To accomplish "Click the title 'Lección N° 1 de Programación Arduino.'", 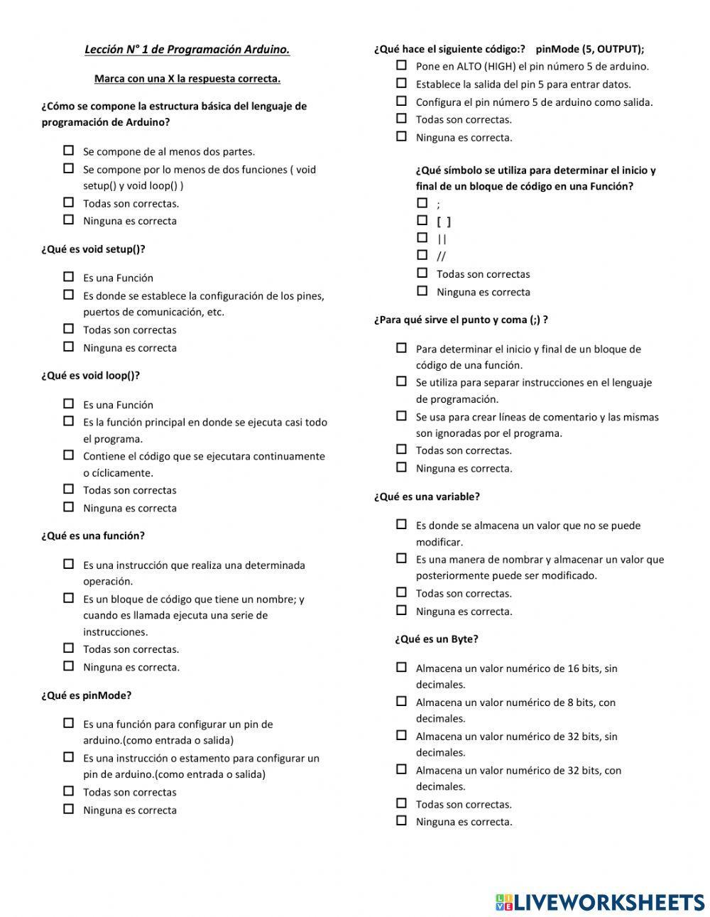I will click(x=187, y=50).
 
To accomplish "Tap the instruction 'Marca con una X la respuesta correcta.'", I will click(x=187, y=79).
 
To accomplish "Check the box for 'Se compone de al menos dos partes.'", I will click(x=69, y=151).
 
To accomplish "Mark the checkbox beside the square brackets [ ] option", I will click(x=422, y=220).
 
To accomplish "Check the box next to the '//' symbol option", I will click(x=422, y=255).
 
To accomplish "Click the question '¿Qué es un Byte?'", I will click(x=436, y=639).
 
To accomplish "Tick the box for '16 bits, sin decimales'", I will click(x=402, y=667).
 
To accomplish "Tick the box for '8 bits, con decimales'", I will click(x=402, y=701).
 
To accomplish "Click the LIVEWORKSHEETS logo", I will click(x=600, y=902).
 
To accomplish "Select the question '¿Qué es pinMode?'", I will click(x=86, y=695).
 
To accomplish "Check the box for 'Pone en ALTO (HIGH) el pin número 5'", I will click(x=402, y=65).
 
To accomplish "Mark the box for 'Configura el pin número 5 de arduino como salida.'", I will click(x=402, y=101).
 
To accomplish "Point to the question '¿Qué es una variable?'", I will click(x=427, y=497).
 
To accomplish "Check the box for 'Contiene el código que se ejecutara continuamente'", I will click(x=69, y=455).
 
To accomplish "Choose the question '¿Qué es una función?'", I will click(x=92, y=536).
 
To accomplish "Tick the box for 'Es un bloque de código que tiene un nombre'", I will click(x=69, y=598).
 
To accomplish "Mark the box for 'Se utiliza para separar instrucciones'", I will click(x=402, y=381).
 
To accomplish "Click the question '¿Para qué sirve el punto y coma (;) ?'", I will click(x=461, y=320).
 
